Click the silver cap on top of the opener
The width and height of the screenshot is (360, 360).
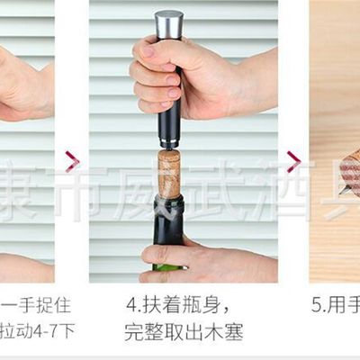(168, 23)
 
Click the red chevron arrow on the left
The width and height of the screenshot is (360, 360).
(72, 161)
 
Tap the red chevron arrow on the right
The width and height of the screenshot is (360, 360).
(293, 161)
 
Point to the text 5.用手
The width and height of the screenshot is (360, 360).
(335, 304)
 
